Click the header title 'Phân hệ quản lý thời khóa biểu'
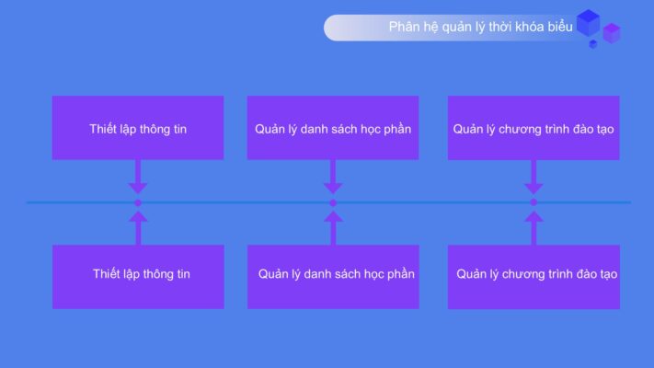[480, 27]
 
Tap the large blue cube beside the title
[588, 23]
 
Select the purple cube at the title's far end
[612, 33]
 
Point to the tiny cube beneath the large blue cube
[592, 44]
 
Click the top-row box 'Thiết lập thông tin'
[138, 128]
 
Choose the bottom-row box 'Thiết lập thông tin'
[138, 277]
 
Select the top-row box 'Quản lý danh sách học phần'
[333, 128]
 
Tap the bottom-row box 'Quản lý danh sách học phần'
[333, 277]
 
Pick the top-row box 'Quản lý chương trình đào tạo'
[534, 128]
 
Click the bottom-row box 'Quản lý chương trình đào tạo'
[534, 277]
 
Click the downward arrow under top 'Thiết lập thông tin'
[138, 177]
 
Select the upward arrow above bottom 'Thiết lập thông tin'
[138, 228]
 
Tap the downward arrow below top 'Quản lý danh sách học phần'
[333, 177]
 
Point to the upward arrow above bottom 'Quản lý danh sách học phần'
[333, 228]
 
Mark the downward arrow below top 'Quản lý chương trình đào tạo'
[534, 177]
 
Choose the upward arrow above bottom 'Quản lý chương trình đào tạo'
[534, 228]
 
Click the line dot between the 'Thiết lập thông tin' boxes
[138, 202]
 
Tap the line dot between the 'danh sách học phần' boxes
[333, 202]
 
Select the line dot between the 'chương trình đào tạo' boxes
[534, 202]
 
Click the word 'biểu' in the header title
[560, 27]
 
